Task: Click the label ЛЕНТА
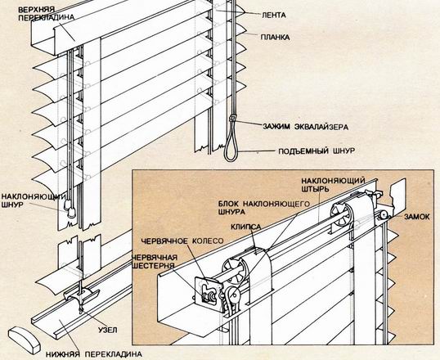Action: pyautogui.click(x=274, y=15)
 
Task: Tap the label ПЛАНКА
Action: pyautogui.click(x=275, y=37)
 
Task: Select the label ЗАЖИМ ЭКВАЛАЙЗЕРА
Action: pyautogui.click(x=306, y=127)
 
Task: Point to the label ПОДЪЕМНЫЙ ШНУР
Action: pyautogui.click(x=317, y=151)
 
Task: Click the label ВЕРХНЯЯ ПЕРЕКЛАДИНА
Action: pyautogui.click(x=47, y=13)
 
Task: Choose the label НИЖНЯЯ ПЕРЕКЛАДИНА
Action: pyautogui.click(x=94, y=353)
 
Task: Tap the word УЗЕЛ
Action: pyautogui.click(x=107, y=330)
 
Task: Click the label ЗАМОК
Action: pyautogui.click(x=416, y=217)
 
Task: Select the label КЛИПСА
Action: pyautogui.click(x=246, y=227)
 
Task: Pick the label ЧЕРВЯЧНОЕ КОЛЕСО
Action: pyautogui.click(x=182, y=241)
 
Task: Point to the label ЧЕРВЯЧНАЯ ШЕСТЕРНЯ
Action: pyautogui.click(x=155, y=262)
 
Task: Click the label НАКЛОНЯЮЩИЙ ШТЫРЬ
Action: pyautogui.click(x=333, y=184)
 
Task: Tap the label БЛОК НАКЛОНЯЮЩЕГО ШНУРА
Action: pyautogui.click(x=264, y=207)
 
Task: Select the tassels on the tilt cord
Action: pyautogui.click(x=70, y=208)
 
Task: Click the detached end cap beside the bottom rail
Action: pyautogui.click(x=25, y=340)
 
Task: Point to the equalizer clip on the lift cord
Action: pyautogui.click(x=232, y=118)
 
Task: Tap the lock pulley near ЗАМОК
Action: pyautogui.click(x=383, y=216)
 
